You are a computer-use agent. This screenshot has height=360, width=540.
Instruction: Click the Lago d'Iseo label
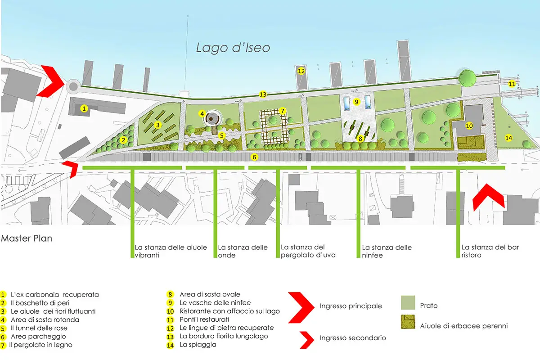(233, 48)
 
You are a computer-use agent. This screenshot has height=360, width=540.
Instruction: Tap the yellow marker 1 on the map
(84, 108)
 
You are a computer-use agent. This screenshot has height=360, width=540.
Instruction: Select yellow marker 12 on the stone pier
(301, 71)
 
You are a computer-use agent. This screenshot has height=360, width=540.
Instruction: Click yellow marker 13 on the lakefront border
(263, 94)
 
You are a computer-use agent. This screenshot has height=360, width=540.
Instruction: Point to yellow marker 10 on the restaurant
(469, 126)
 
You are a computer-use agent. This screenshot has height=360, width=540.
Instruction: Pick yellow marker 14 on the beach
(509, 137)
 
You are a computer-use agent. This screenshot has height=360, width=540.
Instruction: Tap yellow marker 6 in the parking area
(254, 157)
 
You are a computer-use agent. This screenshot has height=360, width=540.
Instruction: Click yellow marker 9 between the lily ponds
(356, 102)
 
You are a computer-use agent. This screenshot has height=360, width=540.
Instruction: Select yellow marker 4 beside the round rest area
(202, 113)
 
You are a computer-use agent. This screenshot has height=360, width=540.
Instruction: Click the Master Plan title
(27, 238)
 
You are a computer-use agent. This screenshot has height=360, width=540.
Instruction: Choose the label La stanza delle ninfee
(387, 251)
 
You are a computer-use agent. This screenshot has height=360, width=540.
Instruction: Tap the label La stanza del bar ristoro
(484, 251)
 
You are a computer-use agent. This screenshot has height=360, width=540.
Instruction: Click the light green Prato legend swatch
(408, 303)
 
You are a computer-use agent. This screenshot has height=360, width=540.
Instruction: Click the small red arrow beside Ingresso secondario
(306, 337)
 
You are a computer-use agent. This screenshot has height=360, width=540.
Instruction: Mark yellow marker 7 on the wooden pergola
(282, 111)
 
